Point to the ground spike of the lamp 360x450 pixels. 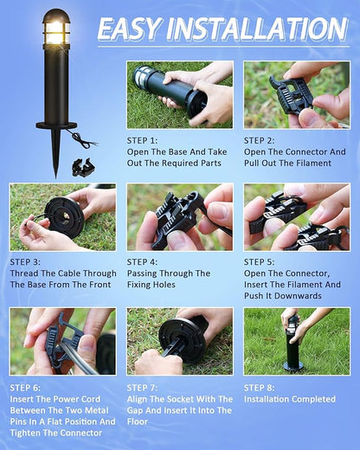[56, 152]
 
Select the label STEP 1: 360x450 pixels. [143, 139]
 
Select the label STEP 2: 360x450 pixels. [260, 139]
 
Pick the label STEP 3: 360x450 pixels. [26, 261]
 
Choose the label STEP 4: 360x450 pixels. [143, 261]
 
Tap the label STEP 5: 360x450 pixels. [260, 261]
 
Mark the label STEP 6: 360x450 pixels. [26, 389]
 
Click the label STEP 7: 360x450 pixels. [143, 389]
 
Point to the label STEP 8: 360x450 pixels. [260, 387]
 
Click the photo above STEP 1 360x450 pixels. [179, 93]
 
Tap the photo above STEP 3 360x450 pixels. [62, 216]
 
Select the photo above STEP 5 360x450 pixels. [296, 216]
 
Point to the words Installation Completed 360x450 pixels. [289, 399]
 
